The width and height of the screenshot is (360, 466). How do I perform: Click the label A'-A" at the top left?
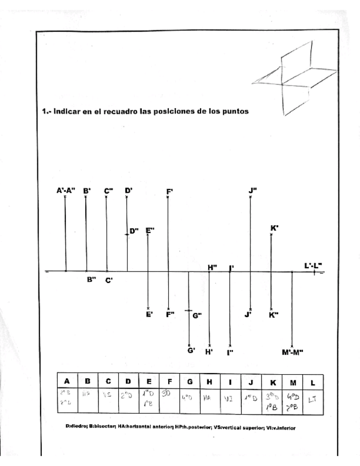(65, 191)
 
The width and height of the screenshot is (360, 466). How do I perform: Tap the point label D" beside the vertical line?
(134, 231)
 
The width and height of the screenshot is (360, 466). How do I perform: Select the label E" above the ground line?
(149, 231)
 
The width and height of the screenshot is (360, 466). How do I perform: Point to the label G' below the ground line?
(191, 350)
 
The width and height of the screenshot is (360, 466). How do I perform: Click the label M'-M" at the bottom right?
(292, 352)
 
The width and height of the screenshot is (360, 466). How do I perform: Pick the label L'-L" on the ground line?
(313, 266)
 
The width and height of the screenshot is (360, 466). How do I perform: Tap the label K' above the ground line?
(274, 228)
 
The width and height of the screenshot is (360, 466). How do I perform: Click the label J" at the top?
(252, 190)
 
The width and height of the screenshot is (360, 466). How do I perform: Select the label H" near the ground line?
(213, 267)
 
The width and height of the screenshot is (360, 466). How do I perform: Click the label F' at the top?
(170, 191)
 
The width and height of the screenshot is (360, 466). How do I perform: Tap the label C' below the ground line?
(109, 280)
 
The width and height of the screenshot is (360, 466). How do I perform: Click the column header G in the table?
(190, 381)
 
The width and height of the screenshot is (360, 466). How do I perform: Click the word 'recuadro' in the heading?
(109, 111)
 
